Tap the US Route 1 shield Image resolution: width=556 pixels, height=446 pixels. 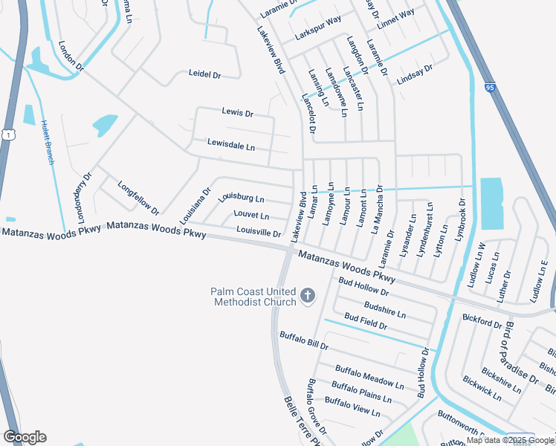tap(7, 134)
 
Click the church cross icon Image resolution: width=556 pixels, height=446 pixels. tap(307, 297)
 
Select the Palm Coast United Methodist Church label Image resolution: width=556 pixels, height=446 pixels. tap(253, 297)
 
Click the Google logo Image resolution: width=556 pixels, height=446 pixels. tap(25, 437)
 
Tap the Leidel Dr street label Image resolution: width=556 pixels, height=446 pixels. tap(205, 75)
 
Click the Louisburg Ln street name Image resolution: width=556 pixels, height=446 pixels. tap(241, 198)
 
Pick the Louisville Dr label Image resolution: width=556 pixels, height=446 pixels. tap(258, 233)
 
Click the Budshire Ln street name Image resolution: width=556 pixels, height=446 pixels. tap(385, 308)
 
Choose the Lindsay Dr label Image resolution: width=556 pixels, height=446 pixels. tap(415, 74)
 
